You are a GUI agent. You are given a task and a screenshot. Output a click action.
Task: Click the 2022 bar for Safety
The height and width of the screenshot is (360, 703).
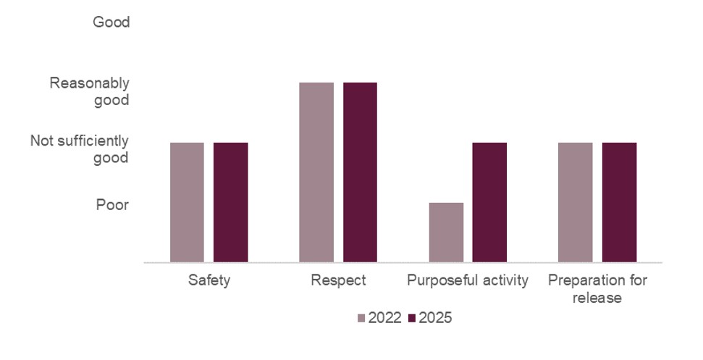click(x=187, y=202)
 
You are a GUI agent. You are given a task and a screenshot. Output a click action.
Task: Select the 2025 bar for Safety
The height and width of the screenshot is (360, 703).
click(x=230, y=202)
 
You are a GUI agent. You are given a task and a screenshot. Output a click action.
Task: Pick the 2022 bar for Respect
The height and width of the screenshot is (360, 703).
click(x=316, y=172)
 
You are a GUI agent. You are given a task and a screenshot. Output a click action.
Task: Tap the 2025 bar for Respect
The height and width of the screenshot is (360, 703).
click(x=360, y=172)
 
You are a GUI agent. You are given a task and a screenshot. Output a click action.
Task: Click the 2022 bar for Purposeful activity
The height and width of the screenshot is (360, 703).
click(x=446, y=232)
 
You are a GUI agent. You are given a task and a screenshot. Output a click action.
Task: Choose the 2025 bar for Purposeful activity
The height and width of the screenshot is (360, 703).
click(x=489, y=202)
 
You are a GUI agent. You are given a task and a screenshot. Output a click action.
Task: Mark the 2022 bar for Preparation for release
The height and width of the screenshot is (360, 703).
click(x=576, y=202)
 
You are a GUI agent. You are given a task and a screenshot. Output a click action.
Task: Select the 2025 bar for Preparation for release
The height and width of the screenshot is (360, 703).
click(x=619, y=202)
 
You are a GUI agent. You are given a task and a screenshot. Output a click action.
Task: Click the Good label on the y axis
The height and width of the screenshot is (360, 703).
click(x=111, y=22)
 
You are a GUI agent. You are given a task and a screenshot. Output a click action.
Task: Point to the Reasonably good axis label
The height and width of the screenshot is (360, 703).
click(x=89, y=91)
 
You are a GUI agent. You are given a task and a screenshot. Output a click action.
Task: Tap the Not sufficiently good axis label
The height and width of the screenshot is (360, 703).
click(x=80, y=149)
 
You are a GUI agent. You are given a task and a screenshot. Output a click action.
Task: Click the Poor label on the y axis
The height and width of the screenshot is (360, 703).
click(x=112, y=205)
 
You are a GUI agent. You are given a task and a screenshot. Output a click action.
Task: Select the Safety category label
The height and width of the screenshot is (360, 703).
click(x=209, y=280)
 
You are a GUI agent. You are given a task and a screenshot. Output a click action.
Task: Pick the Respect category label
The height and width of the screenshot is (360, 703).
click(x=338, y=280)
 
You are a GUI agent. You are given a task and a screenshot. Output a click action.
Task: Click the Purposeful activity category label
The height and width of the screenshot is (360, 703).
click(x=468, y=280)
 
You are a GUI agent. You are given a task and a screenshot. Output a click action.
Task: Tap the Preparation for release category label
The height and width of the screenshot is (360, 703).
click(x=597, y=288)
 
